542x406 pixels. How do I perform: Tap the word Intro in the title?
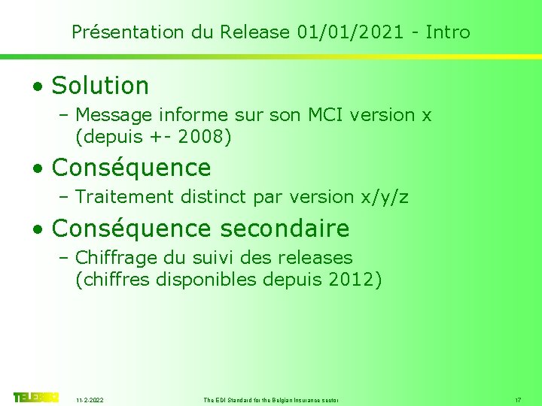448,32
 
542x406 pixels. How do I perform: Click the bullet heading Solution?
100,86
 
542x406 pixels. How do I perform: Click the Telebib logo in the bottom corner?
35,397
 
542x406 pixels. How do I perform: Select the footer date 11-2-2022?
90,399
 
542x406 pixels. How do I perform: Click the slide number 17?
518,399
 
